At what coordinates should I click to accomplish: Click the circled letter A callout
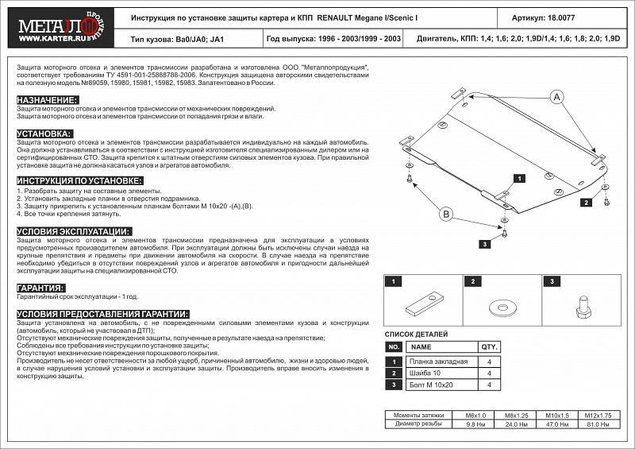[556, 96]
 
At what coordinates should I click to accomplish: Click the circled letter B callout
[446, 214]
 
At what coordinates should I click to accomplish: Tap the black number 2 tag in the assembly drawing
[586, 203]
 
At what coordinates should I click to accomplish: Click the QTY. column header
[489, 347]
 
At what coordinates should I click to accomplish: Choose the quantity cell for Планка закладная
[489, 362]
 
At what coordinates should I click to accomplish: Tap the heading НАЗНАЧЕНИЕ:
[47, 99]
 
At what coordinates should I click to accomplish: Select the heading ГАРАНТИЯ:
[40, 287]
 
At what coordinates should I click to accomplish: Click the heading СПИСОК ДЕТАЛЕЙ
[416, 335]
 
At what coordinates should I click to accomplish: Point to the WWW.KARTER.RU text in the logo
[39, 34]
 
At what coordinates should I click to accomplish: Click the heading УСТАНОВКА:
[44, 133]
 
